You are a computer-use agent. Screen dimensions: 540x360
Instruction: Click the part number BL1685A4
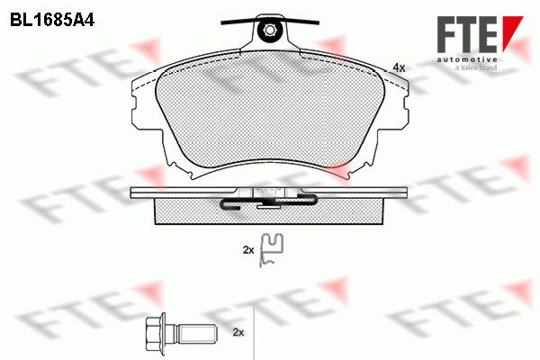52,21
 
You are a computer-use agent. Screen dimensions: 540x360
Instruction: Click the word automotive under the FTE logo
467,59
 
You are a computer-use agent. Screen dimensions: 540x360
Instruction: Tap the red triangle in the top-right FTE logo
512,33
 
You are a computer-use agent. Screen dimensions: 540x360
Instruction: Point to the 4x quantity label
399,67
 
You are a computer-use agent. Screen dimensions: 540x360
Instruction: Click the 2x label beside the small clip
248,250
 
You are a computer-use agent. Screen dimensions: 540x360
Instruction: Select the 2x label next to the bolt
238,332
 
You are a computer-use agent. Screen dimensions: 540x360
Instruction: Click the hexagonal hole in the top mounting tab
269,31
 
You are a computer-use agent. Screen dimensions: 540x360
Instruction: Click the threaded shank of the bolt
196,333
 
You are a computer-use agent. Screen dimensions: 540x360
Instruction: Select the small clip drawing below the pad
272,250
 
